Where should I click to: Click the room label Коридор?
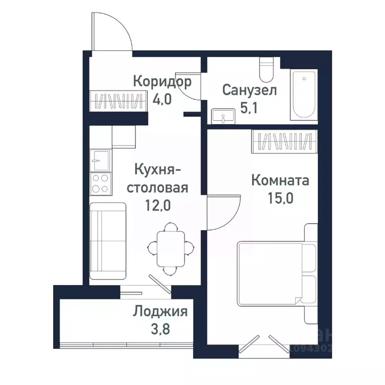click(162, 81)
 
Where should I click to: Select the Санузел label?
click(249, 91)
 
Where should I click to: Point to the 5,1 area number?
click(249, 107)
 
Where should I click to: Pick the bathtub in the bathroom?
click(304, 95)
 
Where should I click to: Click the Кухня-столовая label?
click(157, 179)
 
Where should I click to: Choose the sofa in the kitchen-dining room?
click(107, 241)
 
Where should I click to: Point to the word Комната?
click(280, 180)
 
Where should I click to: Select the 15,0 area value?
click(280, 197)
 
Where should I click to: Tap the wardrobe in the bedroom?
click(285, 141)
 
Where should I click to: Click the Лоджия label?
click(160, 312)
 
